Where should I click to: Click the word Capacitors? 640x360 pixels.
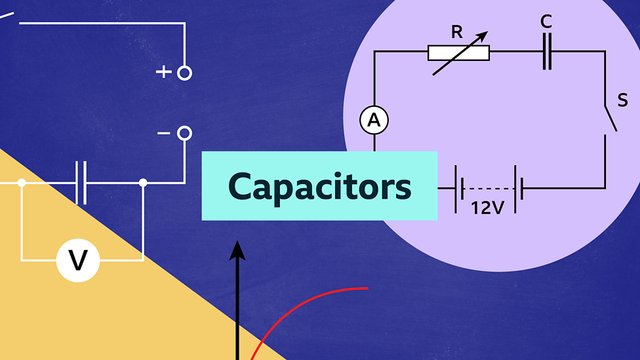tap(319, 187)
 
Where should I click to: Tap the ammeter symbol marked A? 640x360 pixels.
tap(374, 120)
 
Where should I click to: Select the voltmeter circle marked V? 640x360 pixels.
tap(78, 260)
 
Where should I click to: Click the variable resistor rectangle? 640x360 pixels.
tap(458, 52)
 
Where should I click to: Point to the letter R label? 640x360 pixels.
tap(458, 31)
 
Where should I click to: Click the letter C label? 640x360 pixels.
tap(546, 22)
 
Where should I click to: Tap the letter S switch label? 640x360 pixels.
tap(622, 100)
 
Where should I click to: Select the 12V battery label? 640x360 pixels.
tap(487, 209)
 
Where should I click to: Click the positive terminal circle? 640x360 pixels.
tap(185, 73)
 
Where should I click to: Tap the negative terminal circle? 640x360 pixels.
tap(185, 134)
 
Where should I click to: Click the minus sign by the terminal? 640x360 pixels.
tap(163, 134)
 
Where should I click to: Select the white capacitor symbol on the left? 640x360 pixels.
tap(81, 183)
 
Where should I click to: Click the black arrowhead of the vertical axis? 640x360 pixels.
tap(237, 250)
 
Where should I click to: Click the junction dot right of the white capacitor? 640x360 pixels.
tap(143, 183)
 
